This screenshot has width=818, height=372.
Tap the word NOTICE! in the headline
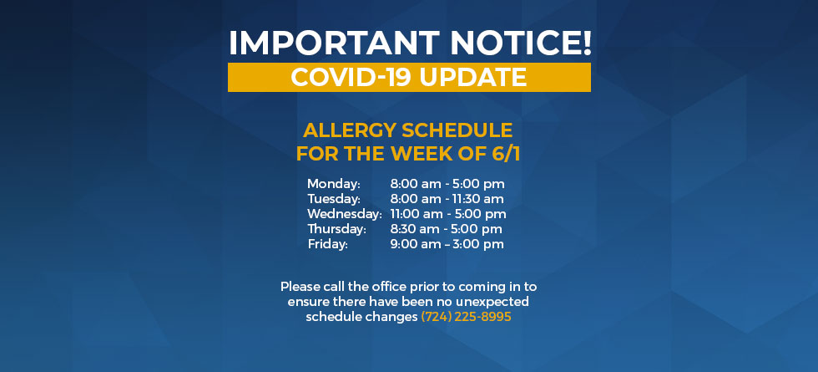[521, 43]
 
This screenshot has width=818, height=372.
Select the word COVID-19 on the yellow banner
[351, 77]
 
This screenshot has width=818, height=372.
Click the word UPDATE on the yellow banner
[473, 77]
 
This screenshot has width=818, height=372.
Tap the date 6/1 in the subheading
[506, 154]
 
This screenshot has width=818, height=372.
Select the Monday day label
[334, 184]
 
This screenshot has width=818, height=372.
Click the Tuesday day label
[334, 199]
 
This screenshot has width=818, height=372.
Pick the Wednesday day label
[345, 214]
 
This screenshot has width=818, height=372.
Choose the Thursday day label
[337, 229]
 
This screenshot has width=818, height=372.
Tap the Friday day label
[327, 244]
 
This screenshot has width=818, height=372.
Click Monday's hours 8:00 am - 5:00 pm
[447, 184]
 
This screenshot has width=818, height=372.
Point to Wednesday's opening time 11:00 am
[416, 214]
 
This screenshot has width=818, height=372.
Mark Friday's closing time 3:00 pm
[479, 244]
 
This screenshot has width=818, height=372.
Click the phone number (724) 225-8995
[466, 317]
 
